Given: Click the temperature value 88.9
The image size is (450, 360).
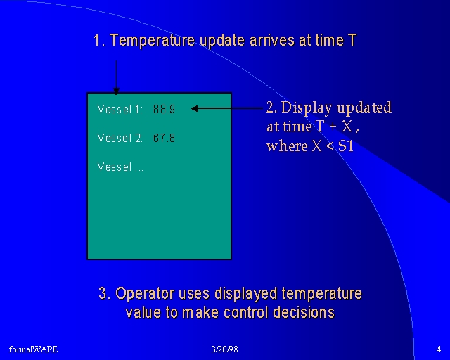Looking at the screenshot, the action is [x=164, y=109].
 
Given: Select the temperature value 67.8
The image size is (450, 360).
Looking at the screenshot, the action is [x=164, y=138].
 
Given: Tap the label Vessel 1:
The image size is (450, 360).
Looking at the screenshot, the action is [x=120, y=109].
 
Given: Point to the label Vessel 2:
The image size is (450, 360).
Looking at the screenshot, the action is [x=120, y=138].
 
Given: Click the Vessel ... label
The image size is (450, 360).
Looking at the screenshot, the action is [x=120, y=167].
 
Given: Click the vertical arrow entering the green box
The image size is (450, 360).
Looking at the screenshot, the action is [x=116, y=77].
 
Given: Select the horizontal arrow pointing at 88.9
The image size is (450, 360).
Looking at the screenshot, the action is [x=226, y=108].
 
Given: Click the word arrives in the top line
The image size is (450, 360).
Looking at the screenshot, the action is [x=272, y=40].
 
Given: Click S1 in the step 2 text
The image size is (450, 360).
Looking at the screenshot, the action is [x=345, y=146].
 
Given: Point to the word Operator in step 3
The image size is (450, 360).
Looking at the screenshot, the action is [x=145, y=294].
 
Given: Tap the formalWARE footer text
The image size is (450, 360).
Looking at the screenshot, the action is [x=33, y=349].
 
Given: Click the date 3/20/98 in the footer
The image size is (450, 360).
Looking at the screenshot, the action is [x=224, y=349].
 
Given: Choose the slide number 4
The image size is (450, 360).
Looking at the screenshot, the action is [x=439, y=349].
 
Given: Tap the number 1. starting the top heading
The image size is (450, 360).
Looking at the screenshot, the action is [x=100, y=40].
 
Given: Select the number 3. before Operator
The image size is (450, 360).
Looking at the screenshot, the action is [x=105, y=293].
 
